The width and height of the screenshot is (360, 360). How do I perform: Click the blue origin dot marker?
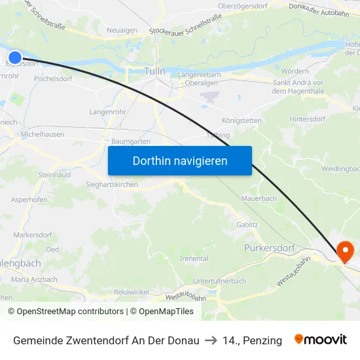(15, 58)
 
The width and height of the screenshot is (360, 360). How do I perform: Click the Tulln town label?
(154, 71)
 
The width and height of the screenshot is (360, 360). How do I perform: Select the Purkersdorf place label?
(270, 248)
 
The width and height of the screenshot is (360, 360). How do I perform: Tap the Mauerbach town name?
(259, 198)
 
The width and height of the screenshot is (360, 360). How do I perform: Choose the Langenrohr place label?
(107, 112)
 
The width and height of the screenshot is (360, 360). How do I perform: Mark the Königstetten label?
(242, 121)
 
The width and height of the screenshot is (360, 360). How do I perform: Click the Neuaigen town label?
(122, 30)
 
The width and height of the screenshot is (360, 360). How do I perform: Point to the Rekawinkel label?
(131, 291)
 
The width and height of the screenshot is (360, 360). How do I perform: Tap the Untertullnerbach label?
(220, 281)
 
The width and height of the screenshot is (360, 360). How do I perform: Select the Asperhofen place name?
(29, 200)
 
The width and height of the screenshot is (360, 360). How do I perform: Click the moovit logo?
(321, 340)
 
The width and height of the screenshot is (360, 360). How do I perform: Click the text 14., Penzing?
(252, 340)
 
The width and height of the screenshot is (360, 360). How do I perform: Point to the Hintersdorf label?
(307, 120)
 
